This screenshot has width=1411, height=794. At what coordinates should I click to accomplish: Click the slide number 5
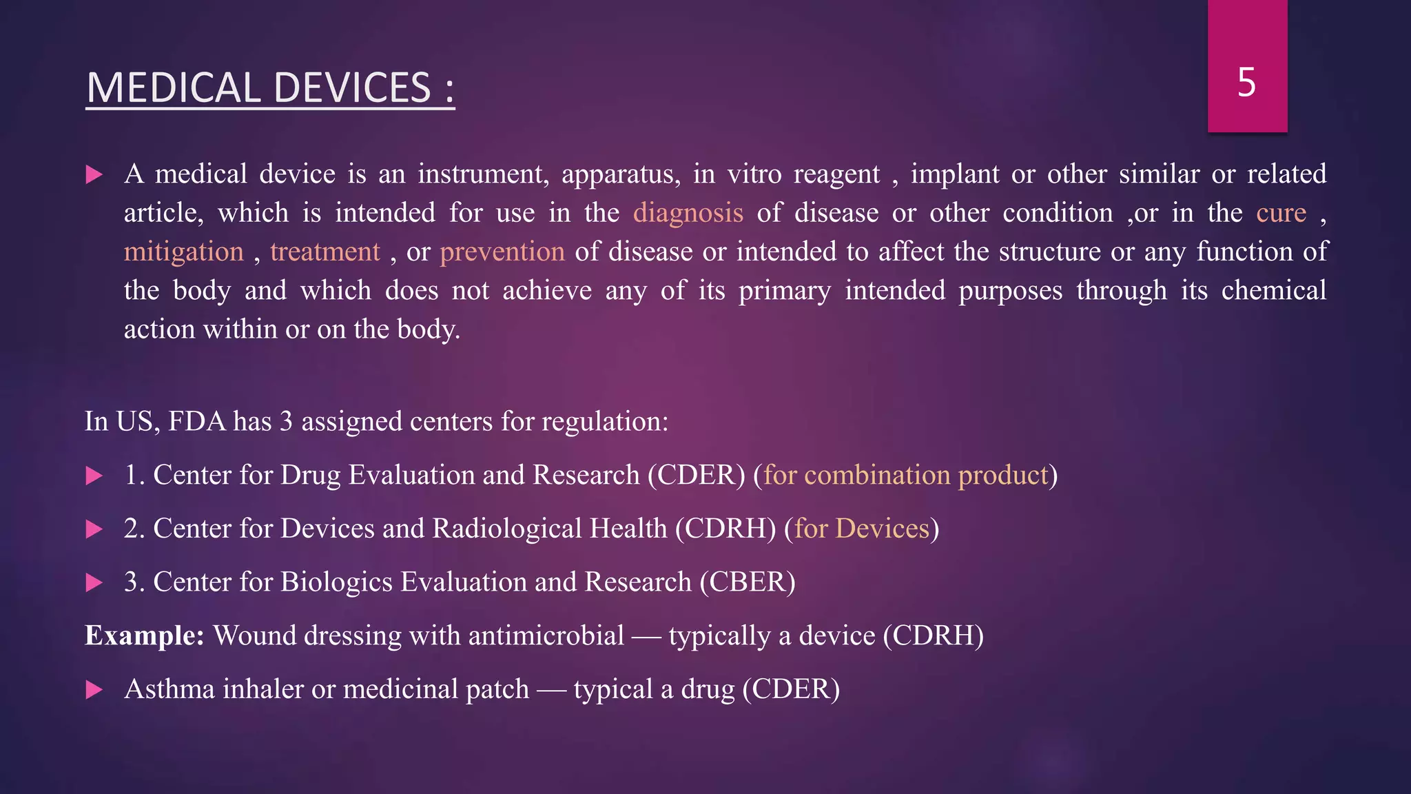click(1246, 83)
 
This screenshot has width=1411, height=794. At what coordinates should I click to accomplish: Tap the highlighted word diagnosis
click(688, 213)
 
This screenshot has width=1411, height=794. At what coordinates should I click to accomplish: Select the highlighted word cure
click(1281, 213)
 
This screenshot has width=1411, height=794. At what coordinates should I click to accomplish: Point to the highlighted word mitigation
click(184, 252)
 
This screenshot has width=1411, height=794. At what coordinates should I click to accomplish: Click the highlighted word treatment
click(325, 252)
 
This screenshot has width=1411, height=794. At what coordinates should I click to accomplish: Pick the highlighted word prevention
click(502, 252)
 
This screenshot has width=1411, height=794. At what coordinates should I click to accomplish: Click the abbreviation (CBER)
click(748, 582)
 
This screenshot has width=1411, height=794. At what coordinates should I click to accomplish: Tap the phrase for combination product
click(905, 476)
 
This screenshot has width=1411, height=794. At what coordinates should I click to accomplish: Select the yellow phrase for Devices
click(862, 529)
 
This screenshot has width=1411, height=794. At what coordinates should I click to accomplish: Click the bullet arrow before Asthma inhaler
click(94, 689)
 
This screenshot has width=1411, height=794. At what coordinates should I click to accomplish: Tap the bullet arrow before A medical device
click(94, 174)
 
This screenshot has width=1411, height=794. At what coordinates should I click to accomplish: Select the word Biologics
click(336, 582)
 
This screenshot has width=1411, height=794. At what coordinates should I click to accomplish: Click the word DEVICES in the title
click(352, 88)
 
